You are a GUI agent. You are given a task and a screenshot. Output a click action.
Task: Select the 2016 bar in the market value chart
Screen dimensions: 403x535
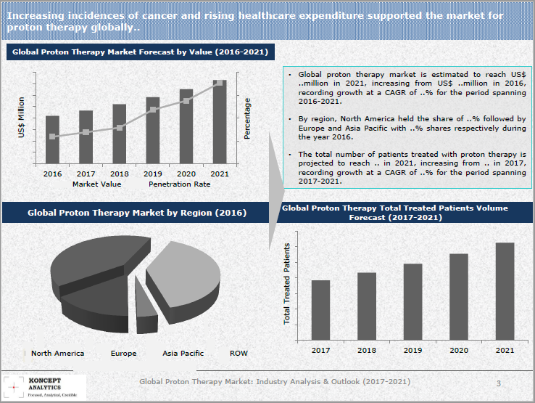click(x=52, y=139)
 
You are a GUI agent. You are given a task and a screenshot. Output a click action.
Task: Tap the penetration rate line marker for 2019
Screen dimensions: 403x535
click(x=153, y=110)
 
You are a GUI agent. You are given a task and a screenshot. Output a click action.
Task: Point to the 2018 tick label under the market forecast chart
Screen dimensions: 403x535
click(x=119, y=174)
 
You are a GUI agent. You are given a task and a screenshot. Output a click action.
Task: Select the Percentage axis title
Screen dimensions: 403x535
click(x=247, y=118)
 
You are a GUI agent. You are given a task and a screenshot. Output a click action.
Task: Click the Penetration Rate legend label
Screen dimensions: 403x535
click(x=179, y=184)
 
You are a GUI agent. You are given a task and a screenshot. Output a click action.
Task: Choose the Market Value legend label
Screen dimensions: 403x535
click(x=97, y=184)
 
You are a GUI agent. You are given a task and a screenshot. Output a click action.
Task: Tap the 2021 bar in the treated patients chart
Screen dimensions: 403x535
click(x=505, y=291)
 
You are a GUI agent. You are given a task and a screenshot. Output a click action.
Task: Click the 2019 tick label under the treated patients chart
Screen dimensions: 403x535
click(x=412, y=350)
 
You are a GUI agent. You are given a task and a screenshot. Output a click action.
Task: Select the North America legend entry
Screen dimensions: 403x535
click(x=57, y=354)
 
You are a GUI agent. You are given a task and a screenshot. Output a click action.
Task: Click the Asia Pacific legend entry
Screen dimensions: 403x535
click(x=183, y=354)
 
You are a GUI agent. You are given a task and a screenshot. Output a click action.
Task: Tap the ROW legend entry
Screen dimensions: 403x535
click(x=239, y=354)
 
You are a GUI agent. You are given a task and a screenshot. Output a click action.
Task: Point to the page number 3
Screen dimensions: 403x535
click(x=498, y=383)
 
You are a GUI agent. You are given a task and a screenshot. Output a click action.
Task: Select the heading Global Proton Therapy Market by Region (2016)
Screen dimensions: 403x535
click(x=136, y=213)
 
